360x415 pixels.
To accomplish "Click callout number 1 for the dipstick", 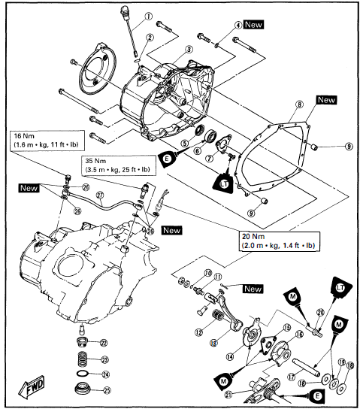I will point(149,16).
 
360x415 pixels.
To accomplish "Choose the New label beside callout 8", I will point(325,99).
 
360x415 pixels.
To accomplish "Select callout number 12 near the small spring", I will point(198,332).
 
